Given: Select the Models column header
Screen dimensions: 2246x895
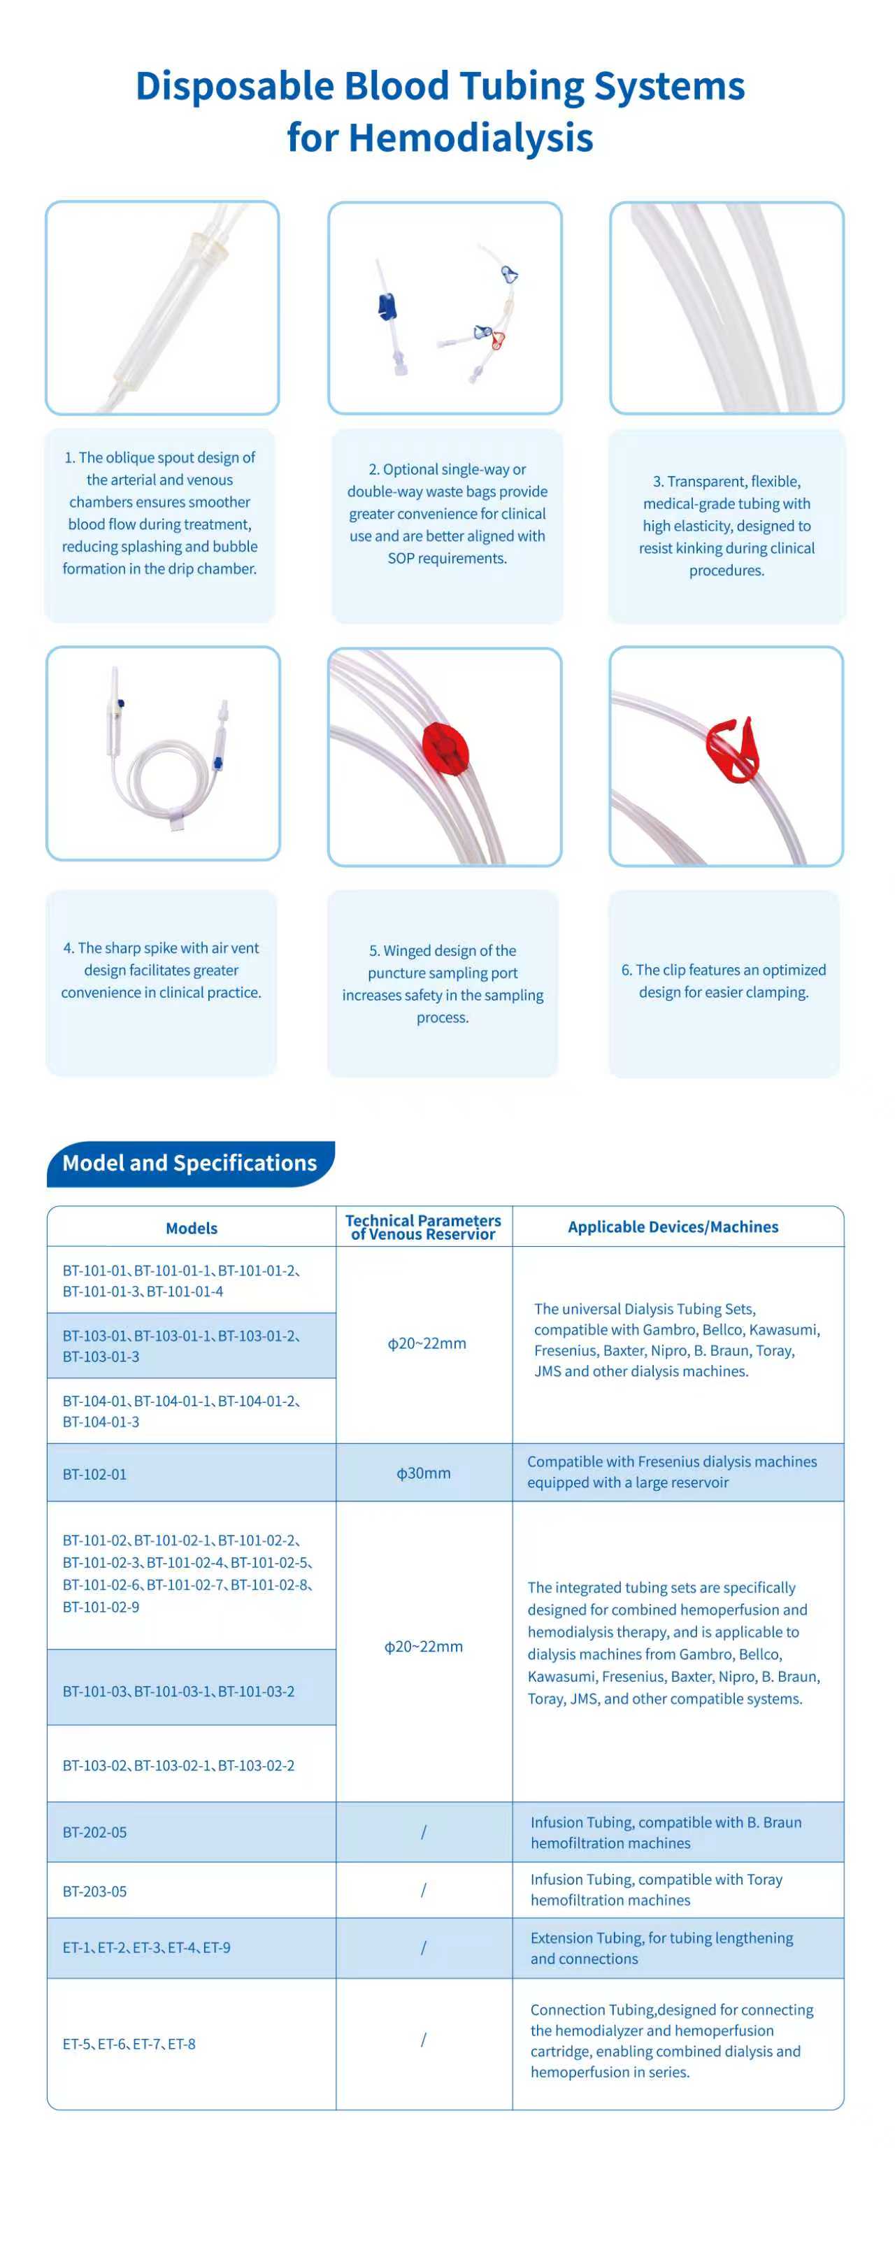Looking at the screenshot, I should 191,1228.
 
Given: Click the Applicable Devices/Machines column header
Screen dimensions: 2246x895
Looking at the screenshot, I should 673,1226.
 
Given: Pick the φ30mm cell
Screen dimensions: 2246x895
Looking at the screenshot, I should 424,1473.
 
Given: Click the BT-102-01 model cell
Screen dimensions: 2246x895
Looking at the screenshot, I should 95,1474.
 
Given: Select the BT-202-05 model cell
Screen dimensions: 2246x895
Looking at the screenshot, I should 95,1832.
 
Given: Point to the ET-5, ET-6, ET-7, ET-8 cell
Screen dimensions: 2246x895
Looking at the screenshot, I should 129,2043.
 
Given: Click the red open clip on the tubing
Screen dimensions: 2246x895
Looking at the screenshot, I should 735,750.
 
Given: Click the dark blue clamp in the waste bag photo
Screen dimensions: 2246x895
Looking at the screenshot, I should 387,307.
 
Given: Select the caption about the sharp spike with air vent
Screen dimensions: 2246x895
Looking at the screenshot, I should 162,970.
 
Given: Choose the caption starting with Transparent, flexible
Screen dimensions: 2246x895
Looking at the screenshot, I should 726,526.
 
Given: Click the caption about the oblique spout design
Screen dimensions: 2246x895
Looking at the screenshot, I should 159,513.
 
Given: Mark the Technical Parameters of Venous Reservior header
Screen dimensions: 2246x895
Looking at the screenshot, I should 424,1226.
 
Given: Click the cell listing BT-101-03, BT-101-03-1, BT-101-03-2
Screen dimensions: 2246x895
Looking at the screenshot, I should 179,1691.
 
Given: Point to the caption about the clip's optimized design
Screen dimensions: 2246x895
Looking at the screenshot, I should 723,981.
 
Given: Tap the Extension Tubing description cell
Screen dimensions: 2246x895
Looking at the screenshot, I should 661,1948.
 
